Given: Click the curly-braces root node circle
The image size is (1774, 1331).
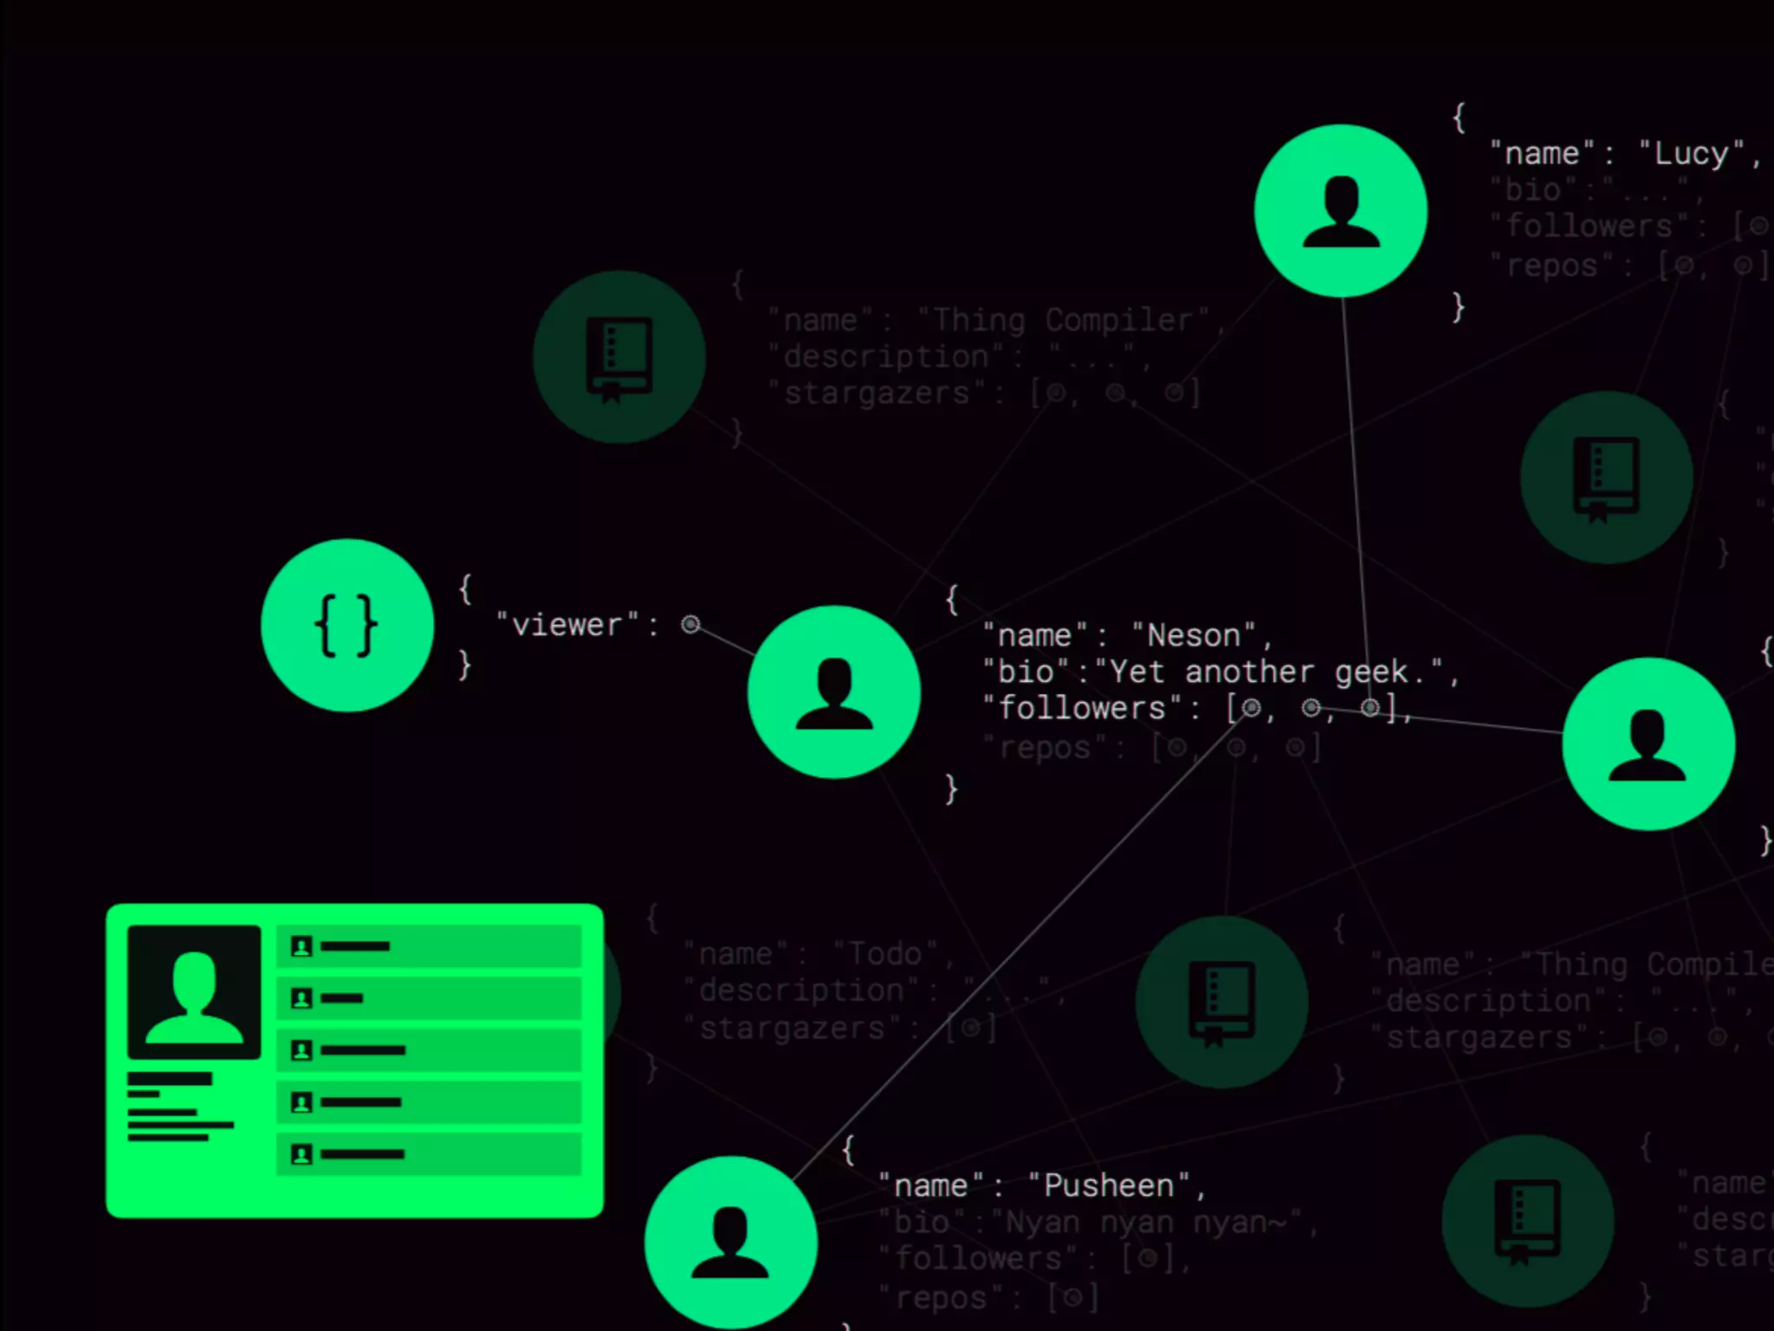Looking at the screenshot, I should click(x=346, y=625).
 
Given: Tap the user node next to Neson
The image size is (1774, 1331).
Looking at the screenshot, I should click(x=833, y=691).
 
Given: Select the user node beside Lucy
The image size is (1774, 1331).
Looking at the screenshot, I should click(x=1340, y=211).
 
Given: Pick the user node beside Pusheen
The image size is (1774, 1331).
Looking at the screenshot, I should click(x=730, y=1241).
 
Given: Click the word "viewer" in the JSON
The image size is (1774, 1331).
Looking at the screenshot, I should click(x=567, y=625).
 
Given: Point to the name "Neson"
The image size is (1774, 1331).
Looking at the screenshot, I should click(x=1193, y=636).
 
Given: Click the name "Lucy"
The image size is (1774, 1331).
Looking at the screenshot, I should click(x=1691, y=153).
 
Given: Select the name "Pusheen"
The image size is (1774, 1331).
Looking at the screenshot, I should click(x=1108, y=1185).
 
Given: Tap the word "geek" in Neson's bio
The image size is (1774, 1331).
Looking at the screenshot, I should click(x=1370, y=672).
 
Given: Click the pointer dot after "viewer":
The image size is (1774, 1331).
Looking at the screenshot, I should click(x=690, y=624).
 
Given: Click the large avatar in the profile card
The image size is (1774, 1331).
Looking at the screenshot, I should click(x=194, y=991).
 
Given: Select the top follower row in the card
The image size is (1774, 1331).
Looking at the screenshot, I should click(x=428, y=945).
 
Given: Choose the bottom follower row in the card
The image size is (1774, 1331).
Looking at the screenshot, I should click(x=428, y=1154).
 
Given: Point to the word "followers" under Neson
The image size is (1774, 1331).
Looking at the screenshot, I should click(x=1082, y=709).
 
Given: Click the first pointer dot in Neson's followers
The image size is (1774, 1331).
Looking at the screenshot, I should click(x=1251, y=709).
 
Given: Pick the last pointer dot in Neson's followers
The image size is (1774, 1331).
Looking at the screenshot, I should click(x=1369, y=709).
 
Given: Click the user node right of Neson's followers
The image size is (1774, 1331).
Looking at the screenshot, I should click(x=1648, y=743).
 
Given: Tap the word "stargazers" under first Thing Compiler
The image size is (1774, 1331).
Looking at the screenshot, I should click(x=876, y=393).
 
